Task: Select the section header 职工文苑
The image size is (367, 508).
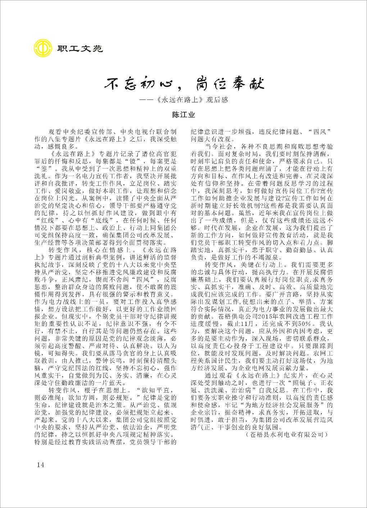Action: point(80,48)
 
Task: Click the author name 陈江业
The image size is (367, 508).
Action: point(183,115)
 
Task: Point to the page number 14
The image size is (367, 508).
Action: point(40,465)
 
